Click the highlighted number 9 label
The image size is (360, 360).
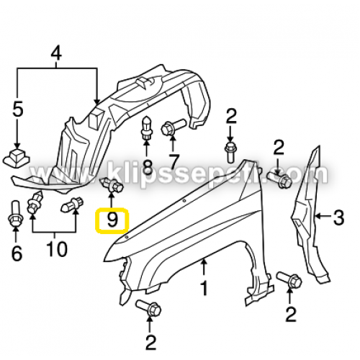(x=112, y=220)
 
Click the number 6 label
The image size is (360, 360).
(x=17, y=253)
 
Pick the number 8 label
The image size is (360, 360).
(x=147, y=166)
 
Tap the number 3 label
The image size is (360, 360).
(x=338, y=217)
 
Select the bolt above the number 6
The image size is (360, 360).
(x=16, y=212)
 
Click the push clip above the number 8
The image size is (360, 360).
(x=146, y=128)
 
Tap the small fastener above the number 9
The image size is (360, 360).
(x=112, y=185)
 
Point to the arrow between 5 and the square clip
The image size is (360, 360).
(x=17, y=133)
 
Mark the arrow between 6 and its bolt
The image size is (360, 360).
(x=16, y=235)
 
